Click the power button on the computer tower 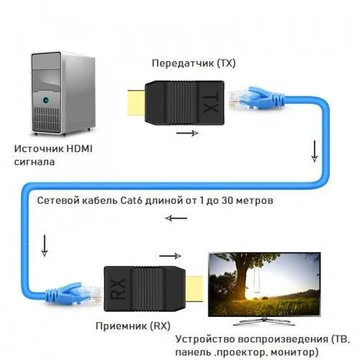(45, 100)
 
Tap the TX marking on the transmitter (211, 104)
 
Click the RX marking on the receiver (118, 289)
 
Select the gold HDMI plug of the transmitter (136, 102)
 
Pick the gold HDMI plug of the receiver (194, 289)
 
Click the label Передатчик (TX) (194, 63)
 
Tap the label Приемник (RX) (133, 326)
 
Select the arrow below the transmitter (187, 133)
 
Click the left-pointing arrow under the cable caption (176, 218)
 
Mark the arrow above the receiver (170, 256)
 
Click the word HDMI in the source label (79, 149)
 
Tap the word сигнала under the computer (35, 162)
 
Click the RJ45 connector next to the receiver (73, 294)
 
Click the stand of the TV (264, 321)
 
